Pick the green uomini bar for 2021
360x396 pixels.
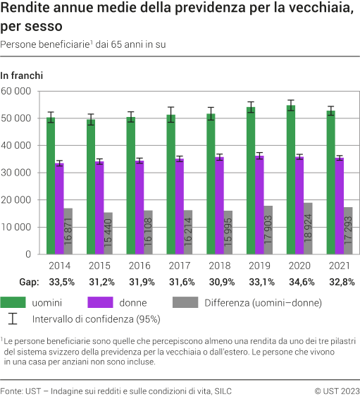click(x=331, y=182)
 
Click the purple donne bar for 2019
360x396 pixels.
click(x=260, y=205)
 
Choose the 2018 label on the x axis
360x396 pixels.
click(x=220, y=266)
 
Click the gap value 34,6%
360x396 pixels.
click(x=299, y=282)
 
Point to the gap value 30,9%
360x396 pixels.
click(x=220, y=282)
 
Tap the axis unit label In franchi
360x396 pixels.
click(x=22, y=75)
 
